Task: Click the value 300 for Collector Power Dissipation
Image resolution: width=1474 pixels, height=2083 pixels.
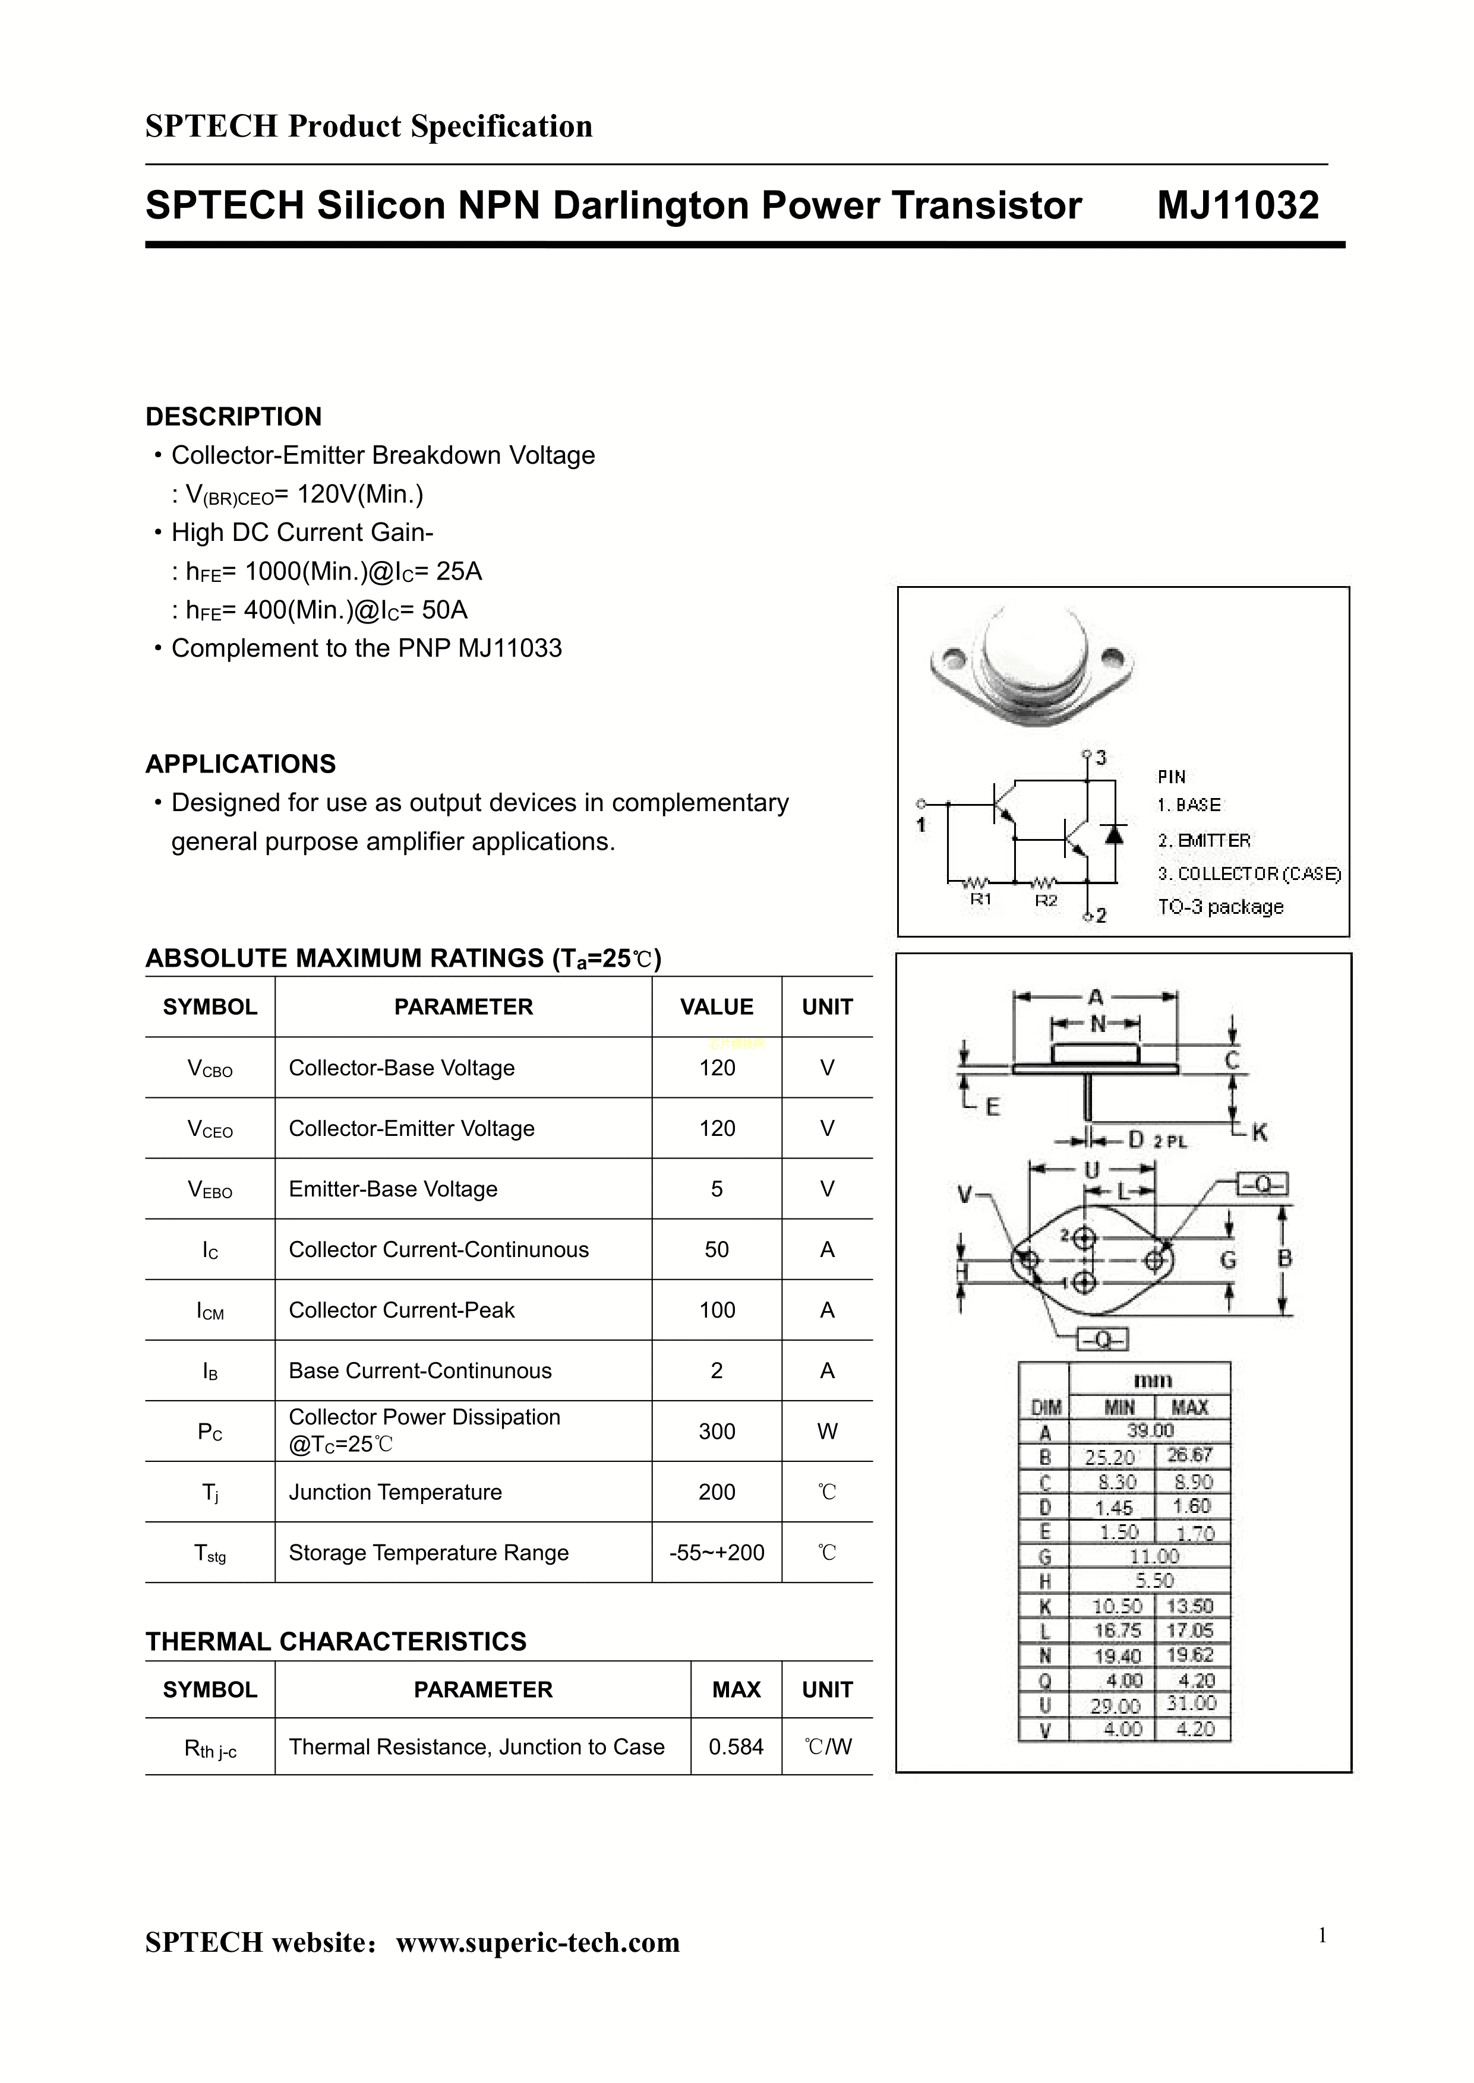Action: pos(716,1432)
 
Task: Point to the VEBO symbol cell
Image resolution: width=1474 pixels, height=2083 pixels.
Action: pos(210,1189)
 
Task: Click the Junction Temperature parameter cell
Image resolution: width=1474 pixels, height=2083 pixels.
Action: pos(395,1492)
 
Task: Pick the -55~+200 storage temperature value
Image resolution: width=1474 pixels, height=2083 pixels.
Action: pos(716,1553)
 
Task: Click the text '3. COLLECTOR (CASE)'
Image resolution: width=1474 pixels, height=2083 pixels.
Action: pos(1249,873)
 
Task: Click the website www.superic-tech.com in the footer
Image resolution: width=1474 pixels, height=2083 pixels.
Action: pos(538,1942)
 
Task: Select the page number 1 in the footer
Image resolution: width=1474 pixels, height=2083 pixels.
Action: pos(1323,1936)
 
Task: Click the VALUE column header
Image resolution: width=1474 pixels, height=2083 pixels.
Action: pos(716,1007)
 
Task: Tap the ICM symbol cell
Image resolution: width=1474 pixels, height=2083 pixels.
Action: pos(210,1311)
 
